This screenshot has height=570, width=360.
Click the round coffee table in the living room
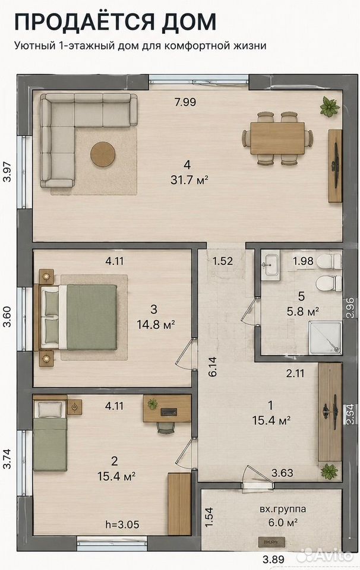coord(103,154)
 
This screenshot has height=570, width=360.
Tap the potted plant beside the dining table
coord(330,107)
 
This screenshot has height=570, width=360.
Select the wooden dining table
coord(277,138)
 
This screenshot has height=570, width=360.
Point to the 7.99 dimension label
coord(185,102)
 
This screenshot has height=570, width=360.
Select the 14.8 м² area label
coord(156,324)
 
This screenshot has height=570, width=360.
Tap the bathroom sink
coord(270,265)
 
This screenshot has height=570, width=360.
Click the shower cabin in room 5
coord(325,338)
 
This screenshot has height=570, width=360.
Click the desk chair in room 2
coord(166,427)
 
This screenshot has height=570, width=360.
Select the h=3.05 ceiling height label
coord(122,524)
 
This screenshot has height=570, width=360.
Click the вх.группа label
coord(283,509)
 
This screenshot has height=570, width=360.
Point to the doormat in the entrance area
coord(271,541)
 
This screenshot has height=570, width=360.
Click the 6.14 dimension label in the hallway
coord(212,366)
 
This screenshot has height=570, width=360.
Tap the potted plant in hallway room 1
coord(329,471)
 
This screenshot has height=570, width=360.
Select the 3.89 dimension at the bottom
coord(273,559)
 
